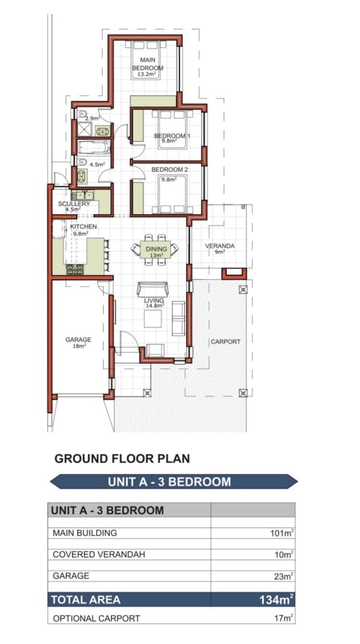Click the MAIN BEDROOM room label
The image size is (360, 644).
pos(147,64)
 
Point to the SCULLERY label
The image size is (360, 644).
pos(74,204)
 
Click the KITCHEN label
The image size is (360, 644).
pos(83,227)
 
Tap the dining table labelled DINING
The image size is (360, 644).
pos(156,249)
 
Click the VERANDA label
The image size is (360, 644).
pos(220,246)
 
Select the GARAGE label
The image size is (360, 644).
pos(79,340)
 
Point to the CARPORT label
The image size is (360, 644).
pos(225,342)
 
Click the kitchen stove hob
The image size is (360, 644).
pos(75,270)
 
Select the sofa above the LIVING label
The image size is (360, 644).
pos(153,289)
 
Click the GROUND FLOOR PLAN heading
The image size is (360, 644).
pos(122,459)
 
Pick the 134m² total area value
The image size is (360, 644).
pos(277,600)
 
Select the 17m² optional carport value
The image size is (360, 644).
pos(284,618)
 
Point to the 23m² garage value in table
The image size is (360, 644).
pos(284,576)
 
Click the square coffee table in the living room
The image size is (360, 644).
pos(153,318)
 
